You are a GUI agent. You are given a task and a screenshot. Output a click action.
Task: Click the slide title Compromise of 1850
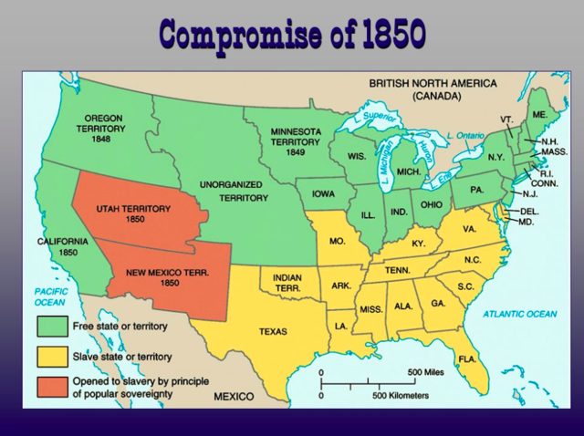coord(292,34)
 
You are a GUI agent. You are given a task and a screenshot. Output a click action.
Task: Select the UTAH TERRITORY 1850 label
coord(133,214)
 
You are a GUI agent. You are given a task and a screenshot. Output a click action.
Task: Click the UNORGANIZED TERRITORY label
coord(231,191)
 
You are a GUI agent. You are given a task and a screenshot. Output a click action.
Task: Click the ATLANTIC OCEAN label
coord(518,314)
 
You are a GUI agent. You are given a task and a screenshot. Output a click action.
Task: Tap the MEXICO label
coord(234,398)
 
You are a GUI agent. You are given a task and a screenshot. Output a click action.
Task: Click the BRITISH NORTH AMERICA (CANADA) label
coord(433,88)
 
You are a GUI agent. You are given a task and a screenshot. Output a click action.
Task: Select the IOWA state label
coord(324,193)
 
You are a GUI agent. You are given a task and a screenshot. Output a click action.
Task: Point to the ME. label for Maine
coord(540,114)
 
